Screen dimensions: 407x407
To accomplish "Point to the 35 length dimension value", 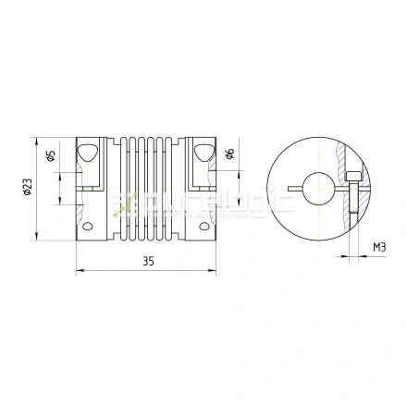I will (148, 262).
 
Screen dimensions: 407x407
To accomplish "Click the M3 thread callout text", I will (379, 248).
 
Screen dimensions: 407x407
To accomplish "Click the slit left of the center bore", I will (298, 191).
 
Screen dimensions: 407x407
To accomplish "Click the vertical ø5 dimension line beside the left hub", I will (63, 176).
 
